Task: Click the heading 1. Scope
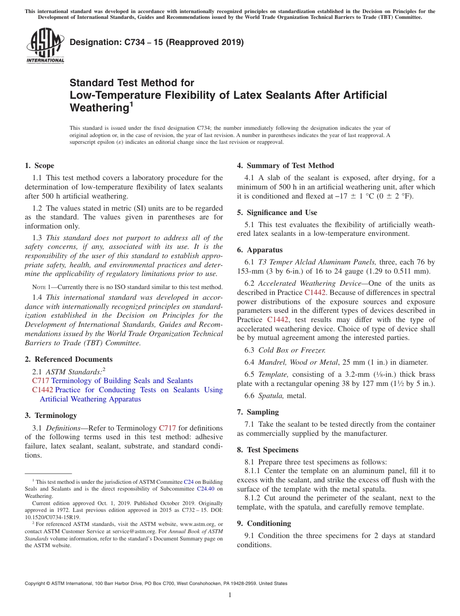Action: coord(39,166)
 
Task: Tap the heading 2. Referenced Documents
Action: coord(68,359)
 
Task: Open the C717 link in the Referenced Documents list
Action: coord(40,381)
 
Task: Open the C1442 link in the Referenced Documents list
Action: coord(43,390)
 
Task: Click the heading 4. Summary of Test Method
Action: coord(285,166)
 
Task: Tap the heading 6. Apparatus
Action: coord(260,250)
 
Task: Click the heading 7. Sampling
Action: coord(258,412)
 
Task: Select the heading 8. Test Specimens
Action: coord(268,450)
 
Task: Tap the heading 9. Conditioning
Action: coord(264,524)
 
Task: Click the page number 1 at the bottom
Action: coord(230,595)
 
